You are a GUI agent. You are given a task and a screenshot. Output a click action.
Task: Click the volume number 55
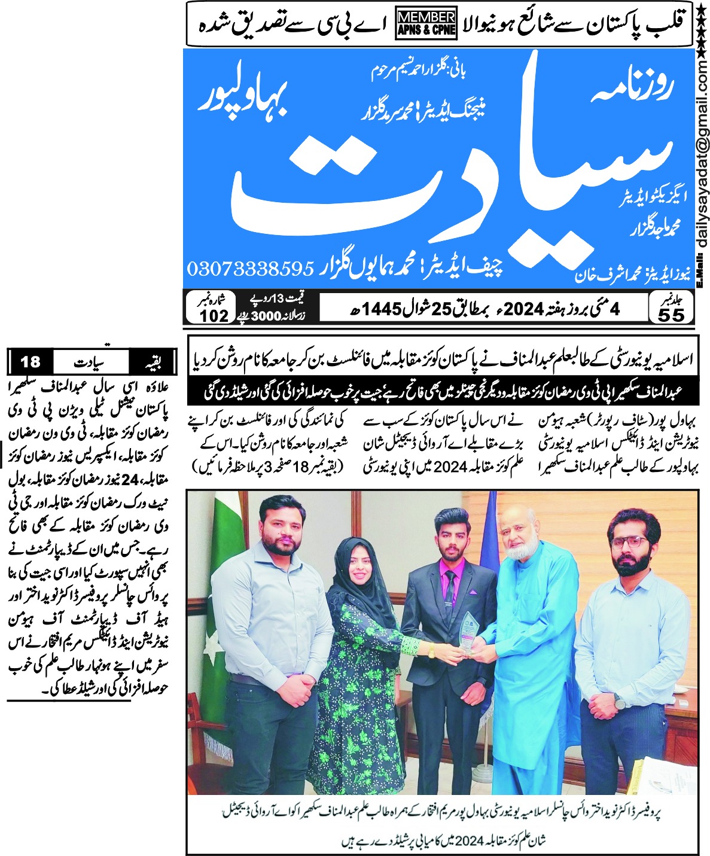[x=671, y=315]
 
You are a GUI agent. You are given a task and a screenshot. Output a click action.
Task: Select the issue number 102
[x=214, y=315]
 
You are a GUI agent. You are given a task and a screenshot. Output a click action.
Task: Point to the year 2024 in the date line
[x=523, y=309]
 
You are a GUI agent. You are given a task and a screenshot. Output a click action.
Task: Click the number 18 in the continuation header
[x=30, y=362]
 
